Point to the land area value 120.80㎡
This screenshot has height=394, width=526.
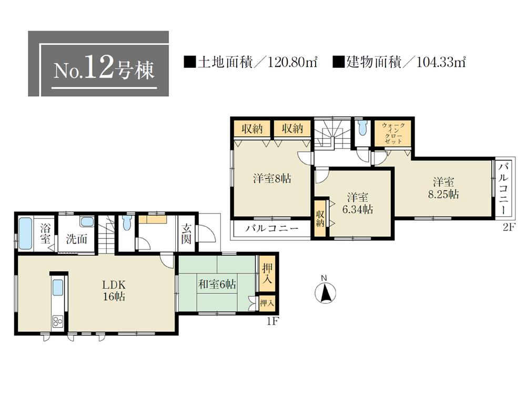coord(291,63)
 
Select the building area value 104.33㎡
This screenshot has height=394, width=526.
coord(441,63)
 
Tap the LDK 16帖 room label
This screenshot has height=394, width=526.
coord(114,290)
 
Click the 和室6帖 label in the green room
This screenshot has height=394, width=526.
coord(217,284)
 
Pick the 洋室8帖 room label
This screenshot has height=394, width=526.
coord(271,179)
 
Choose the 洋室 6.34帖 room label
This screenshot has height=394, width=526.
coord(358,204)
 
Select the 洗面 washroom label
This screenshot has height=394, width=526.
coord(76,238)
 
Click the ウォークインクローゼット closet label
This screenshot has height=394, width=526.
coord(393,134)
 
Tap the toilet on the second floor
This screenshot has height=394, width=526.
coord(361,128)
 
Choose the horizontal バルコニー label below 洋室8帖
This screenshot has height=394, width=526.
coord(272,229)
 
